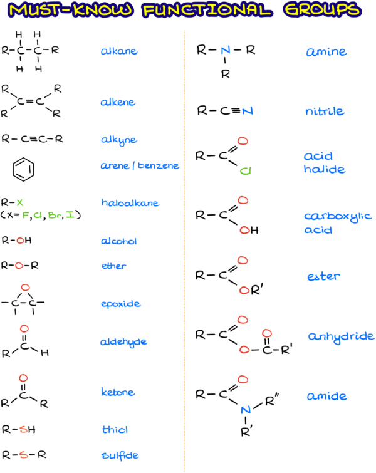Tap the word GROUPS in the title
click(x=321, y=11)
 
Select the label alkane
click(x=118, y=51)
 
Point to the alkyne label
click(x=118, y=140)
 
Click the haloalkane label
click(x=130, y=203)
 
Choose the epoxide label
click(x=120, y=304)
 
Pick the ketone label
click(x=118, y=392)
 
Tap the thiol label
click(x=115, y=430)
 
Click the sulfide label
click(x=120, y=455)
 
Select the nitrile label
click(x=325, y=112)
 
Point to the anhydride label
click(x=341, y=337)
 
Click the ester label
click(x=323, y=276)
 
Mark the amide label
click(x=326, y=397)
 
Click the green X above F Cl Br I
click(x=20, y=202)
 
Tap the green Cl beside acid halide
click(x=245, y=171)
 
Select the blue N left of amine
click(x=226, y=50)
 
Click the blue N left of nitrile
click(x=248, y=112)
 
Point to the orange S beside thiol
click(x=23, y=430)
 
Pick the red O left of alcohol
click(x=20, y=241)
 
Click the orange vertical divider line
click(x=184, y=251)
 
